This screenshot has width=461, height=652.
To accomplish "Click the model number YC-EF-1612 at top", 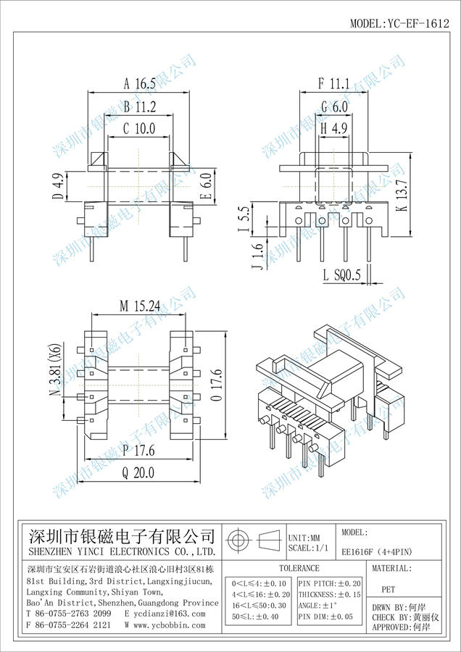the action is pyautogui.click(x=400, y=23).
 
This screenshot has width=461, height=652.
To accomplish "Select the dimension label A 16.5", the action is pyautogui.click(x=139, y=84).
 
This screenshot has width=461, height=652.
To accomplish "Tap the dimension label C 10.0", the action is pyautogui.click(x=139, y=129).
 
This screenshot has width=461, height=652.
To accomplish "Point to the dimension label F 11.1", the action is pyautogui.click(x=333, y=83).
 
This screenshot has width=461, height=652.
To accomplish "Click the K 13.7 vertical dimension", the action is pyautogui.click(x=402, y=196).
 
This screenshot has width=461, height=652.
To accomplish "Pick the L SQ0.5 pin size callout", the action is pyautogui.click(x=341, y=275).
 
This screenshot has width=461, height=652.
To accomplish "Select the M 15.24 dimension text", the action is pyautogui.click(x=140, y=306).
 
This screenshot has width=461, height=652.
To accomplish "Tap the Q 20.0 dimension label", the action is pyautogui.click(x=138, y=472).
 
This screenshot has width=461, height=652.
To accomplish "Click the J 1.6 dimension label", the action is pyautogui.click(x=258, y=256).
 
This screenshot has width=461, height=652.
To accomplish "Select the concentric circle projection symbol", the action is pyautogui.click(x=238, y=540).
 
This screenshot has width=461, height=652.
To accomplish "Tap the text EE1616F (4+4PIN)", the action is pyautogui.click(x=376, y=552).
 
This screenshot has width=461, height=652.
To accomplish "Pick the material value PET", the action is pyautogui.click(x=389, y=590).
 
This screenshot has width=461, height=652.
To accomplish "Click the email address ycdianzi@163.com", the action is pyautogui.click(x=165, y=614).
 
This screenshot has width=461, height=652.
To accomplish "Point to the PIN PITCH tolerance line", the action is pyautogui.click(x=330, y=584).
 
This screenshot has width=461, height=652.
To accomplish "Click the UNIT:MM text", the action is pyautogui.click(x=304, y=538).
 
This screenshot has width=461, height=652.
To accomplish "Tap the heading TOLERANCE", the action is pyautogui.click(x=299, y=569).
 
